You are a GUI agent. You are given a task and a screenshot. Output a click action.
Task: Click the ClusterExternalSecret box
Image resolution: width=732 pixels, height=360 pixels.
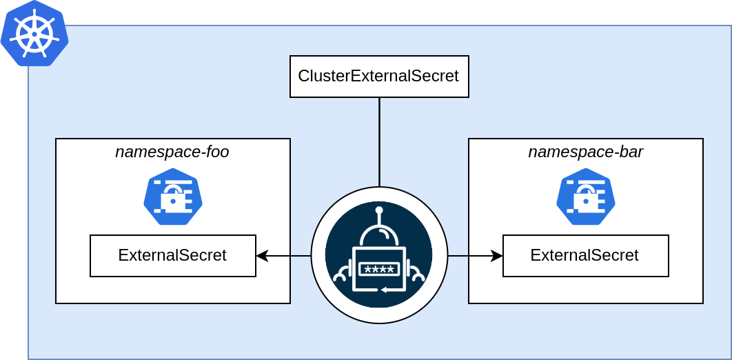tap(379, 77)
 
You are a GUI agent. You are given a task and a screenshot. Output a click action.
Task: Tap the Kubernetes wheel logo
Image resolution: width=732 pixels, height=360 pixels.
tap(34, 34)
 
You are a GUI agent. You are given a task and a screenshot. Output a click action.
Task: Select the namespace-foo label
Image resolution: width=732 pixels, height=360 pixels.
tap(172, 152)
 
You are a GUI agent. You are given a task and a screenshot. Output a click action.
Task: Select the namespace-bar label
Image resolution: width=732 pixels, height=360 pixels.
tap(585, 152)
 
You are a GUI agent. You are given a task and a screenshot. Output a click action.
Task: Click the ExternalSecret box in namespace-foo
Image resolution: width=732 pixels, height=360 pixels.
tap(172, 256)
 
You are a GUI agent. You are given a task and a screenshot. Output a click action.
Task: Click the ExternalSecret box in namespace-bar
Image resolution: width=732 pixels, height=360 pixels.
tap(585, 256)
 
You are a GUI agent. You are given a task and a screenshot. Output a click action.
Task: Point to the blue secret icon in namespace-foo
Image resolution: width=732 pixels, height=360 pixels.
tap(173, 197)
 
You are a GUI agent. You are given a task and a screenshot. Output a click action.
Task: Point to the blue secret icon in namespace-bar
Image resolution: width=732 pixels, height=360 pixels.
tap(586, 197)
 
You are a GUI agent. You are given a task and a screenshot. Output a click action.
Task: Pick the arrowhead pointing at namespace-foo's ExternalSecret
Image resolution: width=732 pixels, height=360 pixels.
tap(262, 256)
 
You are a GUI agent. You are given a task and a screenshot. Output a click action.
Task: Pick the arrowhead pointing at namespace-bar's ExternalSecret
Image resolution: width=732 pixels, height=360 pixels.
tap(497, 256)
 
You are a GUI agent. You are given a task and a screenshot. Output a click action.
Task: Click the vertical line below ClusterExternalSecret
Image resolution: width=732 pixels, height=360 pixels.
tap(379, 141)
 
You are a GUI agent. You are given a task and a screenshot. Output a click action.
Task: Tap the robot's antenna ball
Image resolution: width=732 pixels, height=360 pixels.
tap(379, 210)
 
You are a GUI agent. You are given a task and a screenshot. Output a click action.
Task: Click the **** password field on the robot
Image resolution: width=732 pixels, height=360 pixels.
tap(378, 270)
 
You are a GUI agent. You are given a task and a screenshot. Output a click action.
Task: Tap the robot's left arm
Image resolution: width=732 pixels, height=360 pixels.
tap(340, 273)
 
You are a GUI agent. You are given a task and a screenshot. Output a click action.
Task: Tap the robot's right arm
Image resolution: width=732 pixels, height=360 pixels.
tap(417, 273)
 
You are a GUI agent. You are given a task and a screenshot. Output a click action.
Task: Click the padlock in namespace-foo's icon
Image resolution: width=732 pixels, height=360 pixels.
tap(172, 201)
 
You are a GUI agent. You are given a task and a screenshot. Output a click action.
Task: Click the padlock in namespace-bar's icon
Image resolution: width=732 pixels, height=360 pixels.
tap(585, 201)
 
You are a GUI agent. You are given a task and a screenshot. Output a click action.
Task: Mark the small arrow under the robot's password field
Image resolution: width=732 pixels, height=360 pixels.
tap(384, 290)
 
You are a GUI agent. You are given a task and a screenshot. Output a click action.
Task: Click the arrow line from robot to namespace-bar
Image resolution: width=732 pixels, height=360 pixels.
tap(472, 256)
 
